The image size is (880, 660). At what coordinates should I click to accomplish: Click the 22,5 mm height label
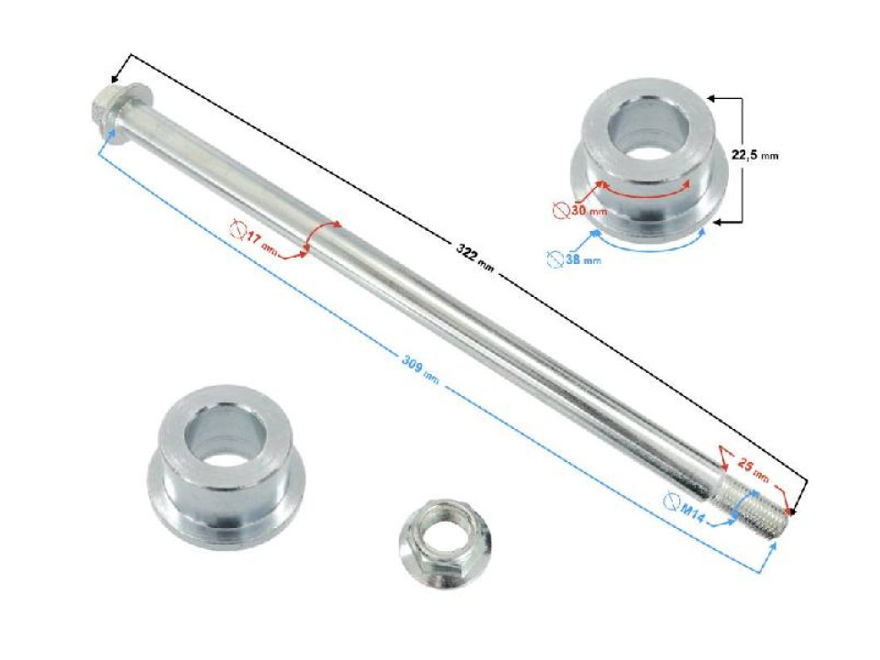[x=754, y=156]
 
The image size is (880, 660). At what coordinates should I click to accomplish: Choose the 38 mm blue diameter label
[x=581, y=260]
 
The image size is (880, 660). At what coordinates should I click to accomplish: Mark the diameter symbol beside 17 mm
[x=239, y=229]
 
